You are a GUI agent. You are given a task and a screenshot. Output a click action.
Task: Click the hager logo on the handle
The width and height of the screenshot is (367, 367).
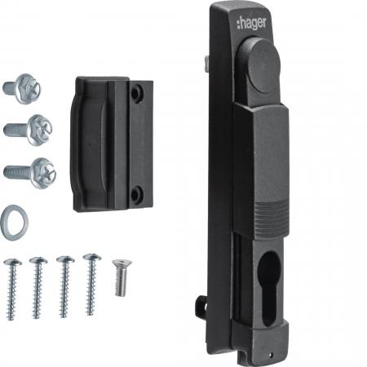pos(251,24)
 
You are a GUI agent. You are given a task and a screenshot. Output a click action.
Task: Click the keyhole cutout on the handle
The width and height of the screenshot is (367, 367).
pos(270,289)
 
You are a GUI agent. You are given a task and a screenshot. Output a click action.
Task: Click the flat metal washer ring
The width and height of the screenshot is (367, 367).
pos(14,220)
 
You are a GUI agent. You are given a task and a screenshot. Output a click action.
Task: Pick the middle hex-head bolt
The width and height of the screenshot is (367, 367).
pos(29,130)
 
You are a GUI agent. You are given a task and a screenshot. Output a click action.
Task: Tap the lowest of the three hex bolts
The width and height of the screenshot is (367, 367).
pos(30,173)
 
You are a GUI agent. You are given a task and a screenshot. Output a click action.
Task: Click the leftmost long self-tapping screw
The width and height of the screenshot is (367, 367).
pos(11,289)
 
